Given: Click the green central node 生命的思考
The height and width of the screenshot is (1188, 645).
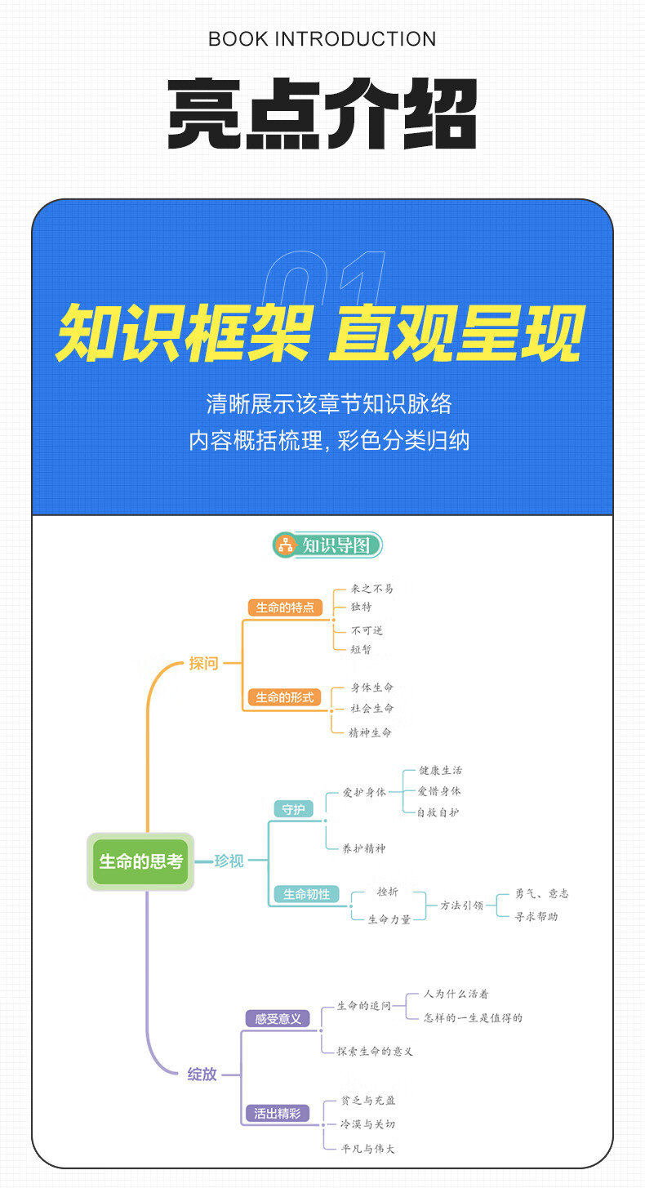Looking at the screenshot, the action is pyautogui.click(x=140, y=861).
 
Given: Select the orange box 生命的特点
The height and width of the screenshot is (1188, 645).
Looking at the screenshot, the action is pyautogui.click(x=285, y=607).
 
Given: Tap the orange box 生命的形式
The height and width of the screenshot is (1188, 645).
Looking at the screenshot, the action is pyautogui.click(x=285, y=697).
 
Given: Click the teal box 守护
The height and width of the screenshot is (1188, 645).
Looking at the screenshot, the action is pyautogui.click(x=293, y=809).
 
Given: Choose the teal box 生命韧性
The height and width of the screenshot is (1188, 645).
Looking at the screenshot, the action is pyautogui.click(x=306, y=893).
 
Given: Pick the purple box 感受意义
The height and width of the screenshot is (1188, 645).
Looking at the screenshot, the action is pyautogui.click(x=278, y=1018).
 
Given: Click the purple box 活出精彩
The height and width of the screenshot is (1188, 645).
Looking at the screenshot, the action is pyautogui.click(x=278, y=1113).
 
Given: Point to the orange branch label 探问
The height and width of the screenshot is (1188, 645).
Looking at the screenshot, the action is pyautogui.click(x=203, y=663).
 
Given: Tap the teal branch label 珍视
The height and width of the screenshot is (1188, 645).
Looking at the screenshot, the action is pyautogui.click(x=229, y=861).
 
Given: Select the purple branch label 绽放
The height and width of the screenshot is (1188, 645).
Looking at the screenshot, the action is pyautogui.click(x=202, y=1075).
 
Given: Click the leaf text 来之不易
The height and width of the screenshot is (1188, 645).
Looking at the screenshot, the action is pyautogui.click(x=371, y=589).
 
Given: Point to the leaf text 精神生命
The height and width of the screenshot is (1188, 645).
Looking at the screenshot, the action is pyautogui.click(x=370, y=733).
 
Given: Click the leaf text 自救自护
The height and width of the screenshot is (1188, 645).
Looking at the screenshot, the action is pyautogui.click(x=438, y=812).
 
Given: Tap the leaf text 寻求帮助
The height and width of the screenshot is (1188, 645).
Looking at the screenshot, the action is pyautogui.click(x=536, y=916).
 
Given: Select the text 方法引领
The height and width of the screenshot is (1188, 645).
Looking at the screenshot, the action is pyautogui.click(x=462, y=905).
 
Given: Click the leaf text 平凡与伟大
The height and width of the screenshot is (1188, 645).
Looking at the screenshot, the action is pyautogui.click(x=367, y=1149).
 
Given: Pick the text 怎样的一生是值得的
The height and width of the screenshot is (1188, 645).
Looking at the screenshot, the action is pyautogui.click(x=474, y=1017).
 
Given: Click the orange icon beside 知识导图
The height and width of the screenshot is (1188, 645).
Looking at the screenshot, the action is pyautogui.click(x=286, y=545).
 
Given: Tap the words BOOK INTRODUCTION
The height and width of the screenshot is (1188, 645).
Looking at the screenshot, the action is pyautogui.click(x=322, y=39).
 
